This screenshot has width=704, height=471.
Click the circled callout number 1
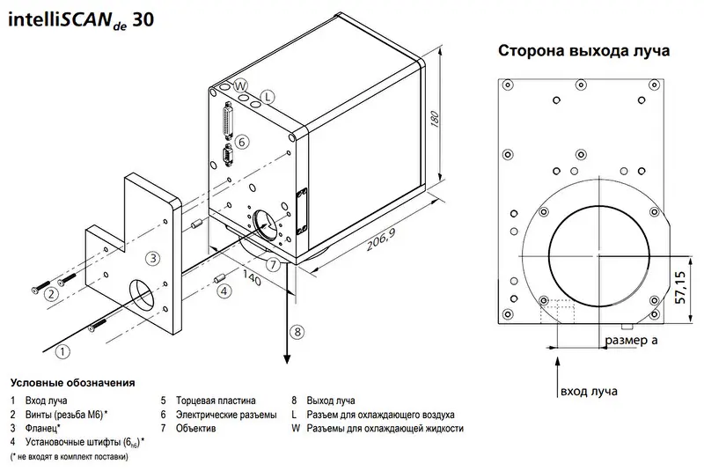pyautogui.click(x=62, y=351)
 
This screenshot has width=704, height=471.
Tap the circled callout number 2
pyautogui.click(x=52, y=294)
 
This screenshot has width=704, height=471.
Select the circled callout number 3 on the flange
pyautogui.click(x=153, y=258)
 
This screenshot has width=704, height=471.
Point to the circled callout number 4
pyautogui.click(x=224, y=291)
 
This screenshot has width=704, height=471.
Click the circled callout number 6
pyautogui.click(x=243, y=142)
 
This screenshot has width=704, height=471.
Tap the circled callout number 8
pyautogui.click(x=297, y=332)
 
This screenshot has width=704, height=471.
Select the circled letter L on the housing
pyautogui.click(x=268, y=96)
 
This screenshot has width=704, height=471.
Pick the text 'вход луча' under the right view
pyautogui.click(x=588, y=391)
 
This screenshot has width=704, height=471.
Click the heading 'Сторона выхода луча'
pyautogui.click(x=584, y=50)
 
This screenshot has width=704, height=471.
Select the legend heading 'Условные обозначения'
pyautogui.click(x=72, y=383)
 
